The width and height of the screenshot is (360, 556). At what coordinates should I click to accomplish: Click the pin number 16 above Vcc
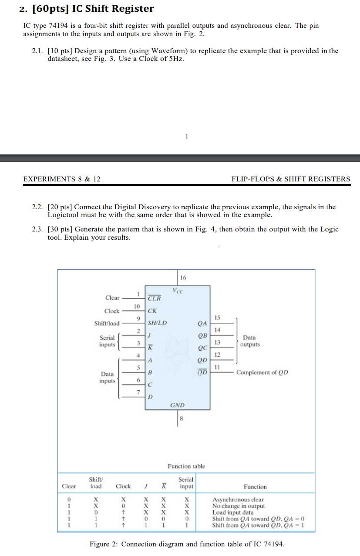tap(183, 278)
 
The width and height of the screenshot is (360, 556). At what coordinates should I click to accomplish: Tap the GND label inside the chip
tap(178, 405)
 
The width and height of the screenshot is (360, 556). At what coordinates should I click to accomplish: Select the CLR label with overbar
tap(154, 298)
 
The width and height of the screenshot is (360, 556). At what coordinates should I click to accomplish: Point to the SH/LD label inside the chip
tap(157, 323)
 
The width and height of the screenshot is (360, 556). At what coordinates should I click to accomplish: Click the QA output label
tap(202, 323)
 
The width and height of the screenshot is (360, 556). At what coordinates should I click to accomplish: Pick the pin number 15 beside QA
tap(218, 318)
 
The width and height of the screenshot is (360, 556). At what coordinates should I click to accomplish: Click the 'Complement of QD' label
tap(262, 372)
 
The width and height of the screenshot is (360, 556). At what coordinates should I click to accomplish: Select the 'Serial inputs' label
tap(108, 341)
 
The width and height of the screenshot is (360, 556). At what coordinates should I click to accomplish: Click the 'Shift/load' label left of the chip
tap(107, 323)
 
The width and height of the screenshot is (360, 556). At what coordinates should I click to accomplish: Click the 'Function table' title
tap(186, 466)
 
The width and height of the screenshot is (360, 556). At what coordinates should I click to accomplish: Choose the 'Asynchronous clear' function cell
tap(238, 500)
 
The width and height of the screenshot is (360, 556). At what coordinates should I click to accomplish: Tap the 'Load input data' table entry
tap(232, 512)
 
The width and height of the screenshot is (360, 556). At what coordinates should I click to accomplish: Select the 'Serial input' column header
tap(186, 483)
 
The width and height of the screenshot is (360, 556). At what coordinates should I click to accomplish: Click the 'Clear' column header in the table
tap(69, 486)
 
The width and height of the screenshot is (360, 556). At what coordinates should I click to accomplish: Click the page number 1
tap(186, 137)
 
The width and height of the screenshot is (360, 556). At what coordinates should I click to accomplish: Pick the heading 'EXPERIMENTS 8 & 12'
tap(61, 179)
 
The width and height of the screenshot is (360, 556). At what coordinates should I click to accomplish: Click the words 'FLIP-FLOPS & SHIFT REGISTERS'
tap(291, 179)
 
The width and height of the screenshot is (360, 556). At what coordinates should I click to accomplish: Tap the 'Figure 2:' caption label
tap(104, 544)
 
